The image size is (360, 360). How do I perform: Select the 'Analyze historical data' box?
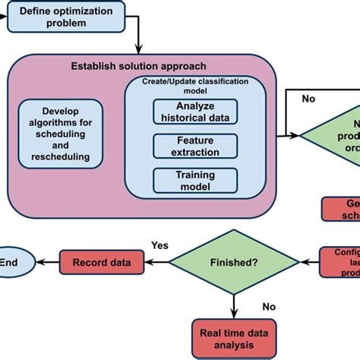point(196,111)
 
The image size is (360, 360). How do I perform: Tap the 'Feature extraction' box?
point(196,145)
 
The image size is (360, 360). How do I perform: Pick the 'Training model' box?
point(196,179)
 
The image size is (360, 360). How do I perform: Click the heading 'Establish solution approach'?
point(144,65)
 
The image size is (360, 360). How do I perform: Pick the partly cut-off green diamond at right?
point(334,134)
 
